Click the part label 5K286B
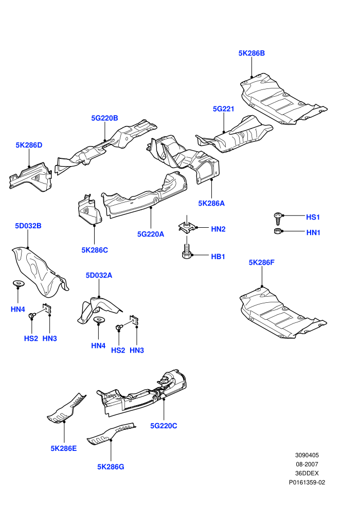coord(251,53)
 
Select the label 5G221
coord(223,109)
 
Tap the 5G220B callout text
coord(104,118)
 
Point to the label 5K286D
coord(29,145)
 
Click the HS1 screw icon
coord(278,219)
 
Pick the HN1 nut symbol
coord(278,231)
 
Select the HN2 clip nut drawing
coord(186,227)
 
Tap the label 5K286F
coord(262,262)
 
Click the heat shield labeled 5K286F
coord(282,313)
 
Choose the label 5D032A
coord(99,275)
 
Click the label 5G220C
coord(164,426)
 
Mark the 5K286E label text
coord(64,448)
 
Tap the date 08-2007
coord(307,464)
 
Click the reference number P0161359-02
coord(307,482)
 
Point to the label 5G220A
coord(151,234)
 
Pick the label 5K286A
coord(211,203)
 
